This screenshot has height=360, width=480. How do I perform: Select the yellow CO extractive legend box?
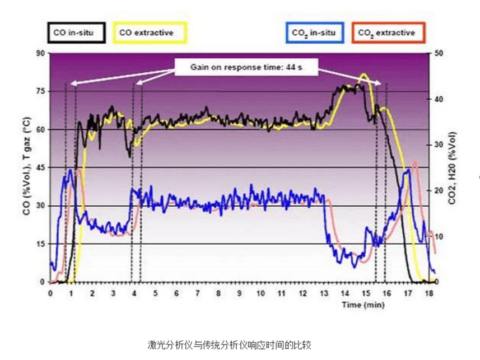[150, 33]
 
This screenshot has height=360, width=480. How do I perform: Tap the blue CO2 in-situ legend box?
[315, 33]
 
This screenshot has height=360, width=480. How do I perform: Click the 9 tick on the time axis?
[239, 293]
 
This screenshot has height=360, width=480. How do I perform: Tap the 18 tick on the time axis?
[428, 293]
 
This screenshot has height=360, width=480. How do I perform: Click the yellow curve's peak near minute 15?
[364, 74]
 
